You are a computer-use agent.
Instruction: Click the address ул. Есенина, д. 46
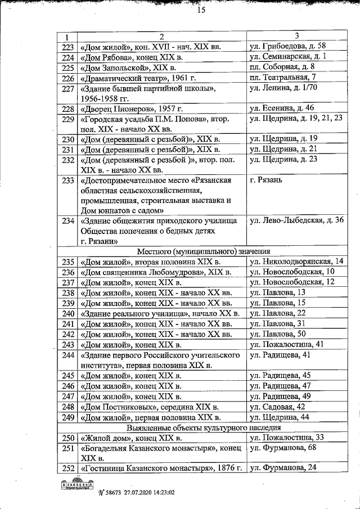(x=282, y=108)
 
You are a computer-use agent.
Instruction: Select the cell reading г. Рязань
(x=269, y=181)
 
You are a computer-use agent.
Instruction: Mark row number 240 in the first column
(x=67, y=313)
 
